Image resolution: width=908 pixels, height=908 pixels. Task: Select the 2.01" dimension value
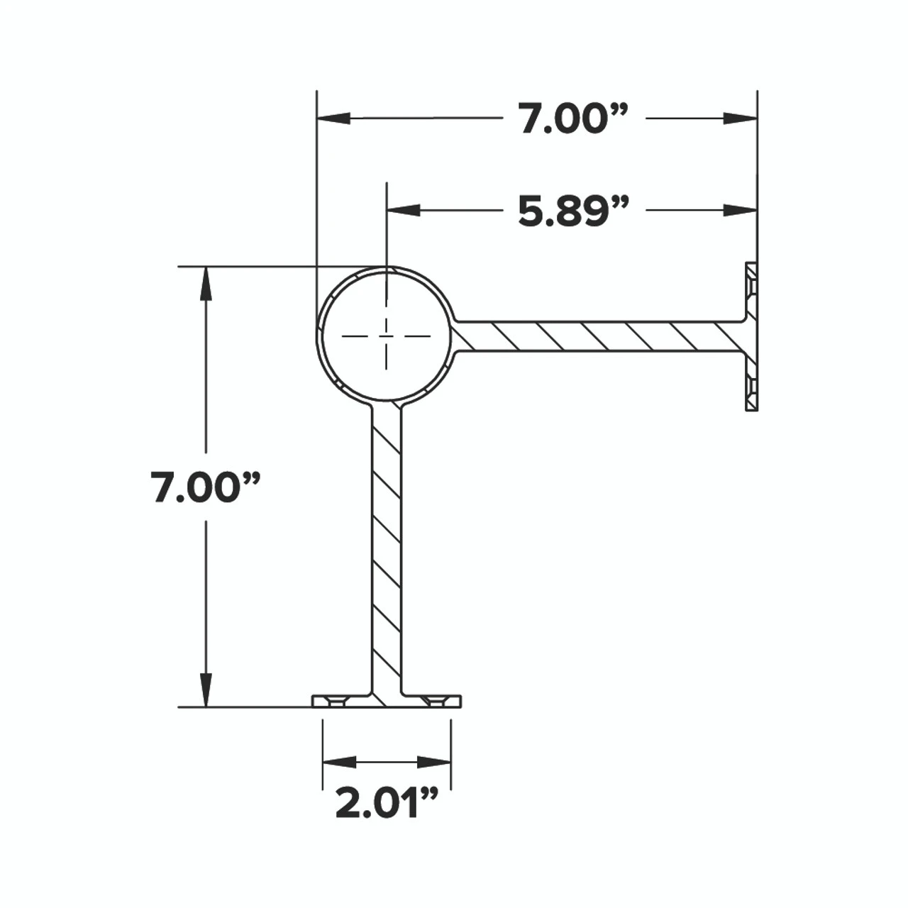coord(387,802)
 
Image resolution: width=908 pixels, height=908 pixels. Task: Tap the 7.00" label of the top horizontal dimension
coord(573,118)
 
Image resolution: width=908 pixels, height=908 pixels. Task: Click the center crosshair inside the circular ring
coord(387,336)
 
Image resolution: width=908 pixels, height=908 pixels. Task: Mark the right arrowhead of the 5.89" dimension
coord(741,209)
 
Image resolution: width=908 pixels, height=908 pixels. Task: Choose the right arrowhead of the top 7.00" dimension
coord(741,118)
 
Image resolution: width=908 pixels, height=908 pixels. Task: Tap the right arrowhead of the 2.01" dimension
coord(434,763)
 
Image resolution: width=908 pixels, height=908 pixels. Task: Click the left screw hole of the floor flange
coord(337,702)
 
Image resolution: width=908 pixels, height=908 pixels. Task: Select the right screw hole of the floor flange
coord(436,702)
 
